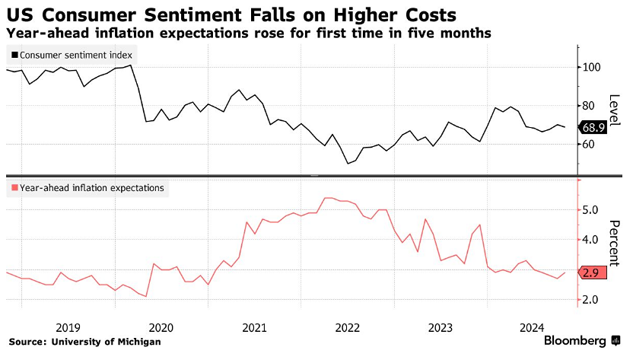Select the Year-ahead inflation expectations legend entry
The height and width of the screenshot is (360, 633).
pyautogui.click(x=87, y=187)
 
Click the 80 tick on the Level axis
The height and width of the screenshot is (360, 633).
pyautogui.click(x=591, y=105)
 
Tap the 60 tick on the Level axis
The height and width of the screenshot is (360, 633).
pyautogui.click(x=591, y=144)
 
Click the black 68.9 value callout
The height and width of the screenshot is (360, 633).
pyautogui.click(x=593, y=127)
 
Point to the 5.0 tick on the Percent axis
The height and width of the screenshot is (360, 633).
pyautogui.click(x=592, y=210)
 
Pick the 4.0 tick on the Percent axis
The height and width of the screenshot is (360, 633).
pyautogui.click(x=592, y=240)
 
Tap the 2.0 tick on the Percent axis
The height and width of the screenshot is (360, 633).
pyautogui.click(x=592, y=300)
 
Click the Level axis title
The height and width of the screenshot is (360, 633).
pyautogui.click(x=616, y=111)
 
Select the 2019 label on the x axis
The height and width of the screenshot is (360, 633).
pyautogui.click(x=68, y=328)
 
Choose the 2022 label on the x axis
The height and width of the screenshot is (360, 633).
pyautogui.click(x=348, y=328)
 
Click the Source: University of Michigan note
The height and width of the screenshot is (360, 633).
pyautogui.click(x=85, y=342)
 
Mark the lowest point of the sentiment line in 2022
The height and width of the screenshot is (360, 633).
pyautogui.click(x=348, y=163)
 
